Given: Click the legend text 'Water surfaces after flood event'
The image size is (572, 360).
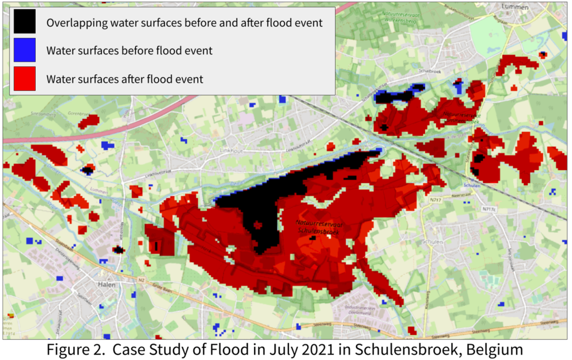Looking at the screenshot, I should (125, 79).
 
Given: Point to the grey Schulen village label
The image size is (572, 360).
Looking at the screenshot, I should (433, 242).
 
